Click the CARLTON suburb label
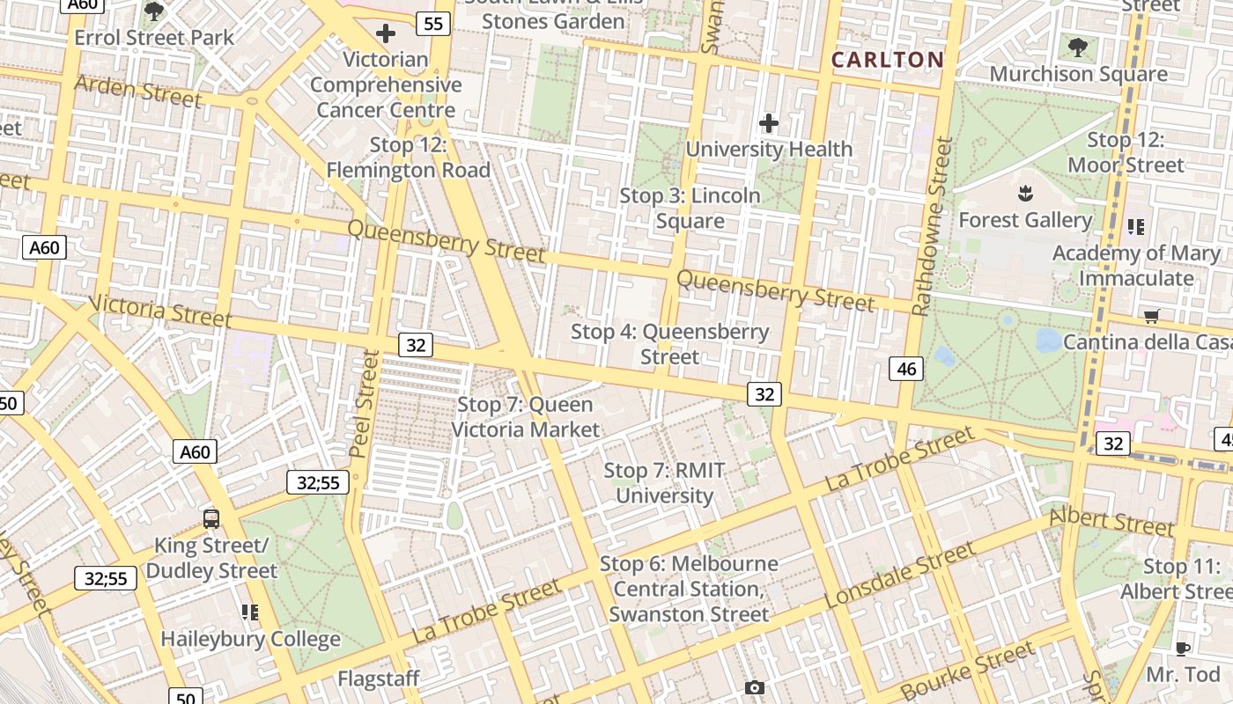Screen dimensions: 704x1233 pos(887,60)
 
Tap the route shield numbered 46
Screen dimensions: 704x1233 pos(906,369)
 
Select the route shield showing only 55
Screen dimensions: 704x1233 pos(433,24)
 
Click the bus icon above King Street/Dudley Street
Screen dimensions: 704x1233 pos(211,518)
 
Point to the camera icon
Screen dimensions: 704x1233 pos(754,687)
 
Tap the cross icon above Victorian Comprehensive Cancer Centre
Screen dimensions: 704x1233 pos(385,34)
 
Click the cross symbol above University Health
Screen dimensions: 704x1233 pos(769,123)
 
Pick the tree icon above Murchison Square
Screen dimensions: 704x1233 pos(1077,47)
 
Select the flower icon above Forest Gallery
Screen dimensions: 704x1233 pos(1024,193)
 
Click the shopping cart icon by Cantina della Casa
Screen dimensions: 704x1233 pos(1151,316)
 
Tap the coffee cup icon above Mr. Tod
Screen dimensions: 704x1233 pos(1182,649)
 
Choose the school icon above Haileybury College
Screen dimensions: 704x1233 pos(250,612)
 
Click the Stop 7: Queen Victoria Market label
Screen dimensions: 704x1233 pos(526,417)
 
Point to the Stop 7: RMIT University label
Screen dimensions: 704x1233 pos(664,483)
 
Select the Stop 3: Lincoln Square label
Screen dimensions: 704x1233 pos(690,208)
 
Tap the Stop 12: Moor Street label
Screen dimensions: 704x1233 pos(1126,152)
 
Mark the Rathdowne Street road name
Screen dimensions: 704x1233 pos(933,226)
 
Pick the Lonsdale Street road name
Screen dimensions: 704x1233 pos(899,575)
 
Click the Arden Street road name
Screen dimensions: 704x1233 pos(137,91)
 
